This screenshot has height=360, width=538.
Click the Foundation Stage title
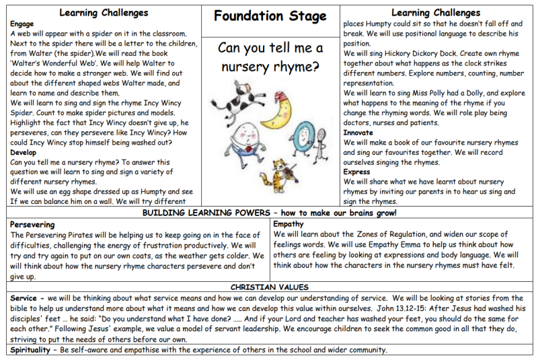[x=270, y=15]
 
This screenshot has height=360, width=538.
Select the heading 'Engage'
[x=22, y=24]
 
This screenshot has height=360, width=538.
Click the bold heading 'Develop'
[x=24, y=153]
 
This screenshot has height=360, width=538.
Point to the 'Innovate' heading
[x=358, y=133]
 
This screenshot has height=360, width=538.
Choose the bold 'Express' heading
[x=356, y=172]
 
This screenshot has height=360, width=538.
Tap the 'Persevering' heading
[x=33, y=225]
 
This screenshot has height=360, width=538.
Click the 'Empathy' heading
[x=289, y=224]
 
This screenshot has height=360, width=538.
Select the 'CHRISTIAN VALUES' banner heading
[x=269, y=287]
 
